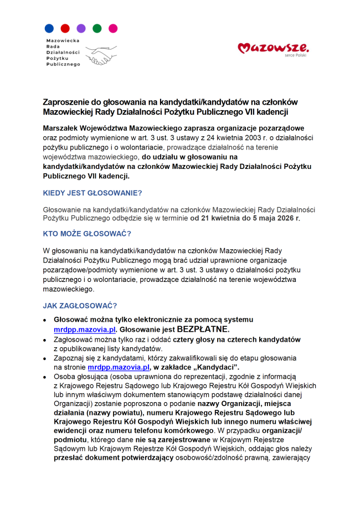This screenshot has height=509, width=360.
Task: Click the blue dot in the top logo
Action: point(49,28)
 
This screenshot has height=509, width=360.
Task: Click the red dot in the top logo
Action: point(65,28)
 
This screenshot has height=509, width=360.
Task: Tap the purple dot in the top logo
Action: point(81,28)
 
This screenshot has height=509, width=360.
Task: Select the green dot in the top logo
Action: point(97,28)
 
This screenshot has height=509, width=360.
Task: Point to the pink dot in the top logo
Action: point(113,28)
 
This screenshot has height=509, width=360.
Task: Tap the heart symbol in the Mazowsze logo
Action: point(244,49)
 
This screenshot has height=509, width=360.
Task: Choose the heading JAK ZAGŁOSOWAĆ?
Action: point(80,306)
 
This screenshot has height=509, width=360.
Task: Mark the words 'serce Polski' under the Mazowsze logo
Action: point(295,55)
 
